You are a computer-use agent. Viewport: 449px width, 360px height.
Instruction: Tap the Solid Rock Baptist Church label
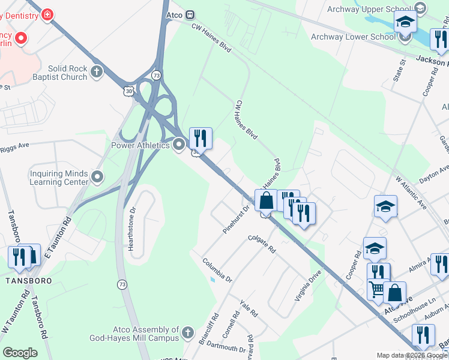coord(59,73)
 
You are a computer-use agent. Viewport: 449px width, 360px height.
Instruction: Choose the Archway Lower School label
coord(353,37)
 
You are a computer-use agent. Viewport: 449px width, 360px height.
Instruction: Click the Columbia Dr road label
coord(217,269)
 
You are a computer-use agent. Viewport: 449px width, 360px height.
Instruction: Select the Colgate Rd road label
coord(262,244)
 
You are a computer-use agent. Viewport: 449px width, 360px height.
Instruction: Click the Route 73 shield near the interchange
coord(157,75)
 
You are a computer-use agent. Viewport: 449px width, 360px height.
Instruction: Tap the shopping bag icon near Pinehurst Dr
coord(265,200)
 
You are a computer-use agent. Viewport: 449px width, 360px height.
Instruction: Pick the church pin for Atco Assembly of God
coord(187,332)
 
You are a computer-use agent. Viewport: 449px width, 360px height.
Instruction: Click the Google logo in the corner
coord(20,353)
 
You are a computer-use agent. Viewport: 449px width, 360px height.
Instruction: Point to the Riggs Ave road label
coord(15,145)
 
